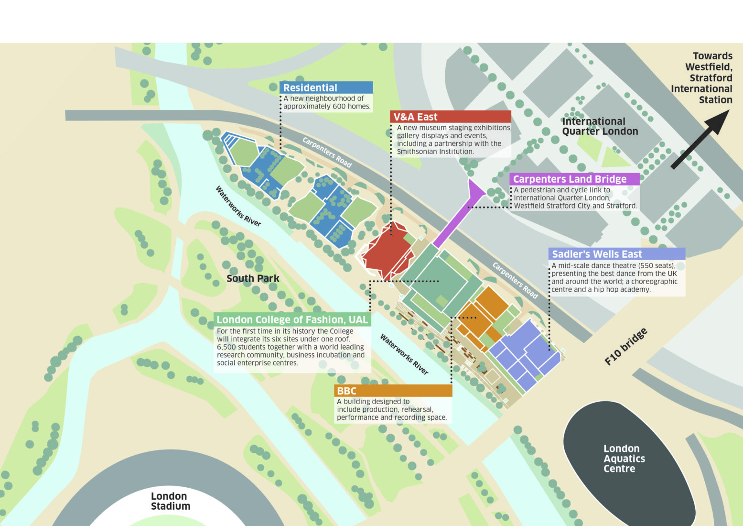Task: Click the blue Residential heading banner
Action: click(x=326, y=88)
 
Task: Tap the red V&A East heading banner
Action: click(x=451, y=117)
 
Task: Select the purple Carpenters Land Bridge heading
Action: click(x=574, y=179)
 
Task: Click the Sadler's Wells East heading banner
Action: click(x=617, y=254)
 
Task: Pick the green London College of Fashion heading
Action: click(x=292, y=319)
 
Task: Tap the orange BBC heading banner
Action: click(x=393, y=391)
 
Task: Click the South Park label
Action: click(x=253, y=278)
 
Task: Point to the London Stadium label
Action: click(x=170, y=501)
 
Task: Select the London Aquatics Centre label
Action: click(x=624, y=458)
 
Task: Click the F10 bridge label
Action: click(x=626, y=347)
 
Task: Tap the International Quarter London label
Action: click(x=600, y=126)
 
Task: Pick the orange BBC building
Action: click(x=483, y=313)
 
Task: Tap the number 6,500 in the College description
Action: click(x=226, y=347)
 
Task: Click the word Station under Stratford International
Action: click(x=715, y=100)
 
